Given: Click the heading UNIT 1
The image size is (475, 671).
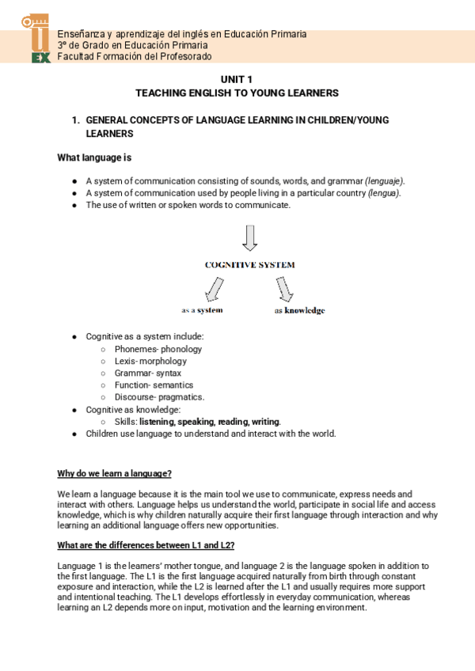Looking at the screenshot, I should click(237, 79).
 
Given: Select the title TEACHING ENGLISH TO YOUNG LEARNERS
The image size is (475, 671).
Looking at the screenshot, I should click(237, 93).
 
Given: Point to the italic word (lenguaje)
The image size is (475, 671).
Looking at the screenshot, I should click(385, 180).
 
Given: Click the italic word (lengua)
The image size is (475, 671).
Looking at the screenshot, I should click(385, 193).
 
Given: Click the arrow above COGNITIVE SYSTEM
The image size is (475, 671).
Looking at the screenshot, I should click(249, 237).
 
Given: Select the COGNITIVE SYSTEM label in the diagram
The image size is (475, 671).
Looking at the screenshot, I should click(249, 265).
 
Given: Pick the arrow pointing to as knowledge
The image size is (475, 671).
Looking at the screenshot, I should click(284, 290).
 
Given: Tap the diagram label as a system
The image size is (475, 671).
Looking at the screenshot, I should click(202, 310).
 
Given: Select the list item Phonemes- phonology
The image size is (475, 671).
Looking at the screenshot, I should click(158, 349).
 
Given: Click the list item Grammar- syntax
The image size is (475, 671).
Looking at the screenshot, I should click(147, 373).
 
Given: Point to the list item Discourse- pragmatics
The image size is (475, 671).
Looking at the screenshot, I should click(159, 396).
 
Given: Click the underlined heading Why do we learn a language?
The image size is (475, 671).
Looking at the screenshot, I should click(114, 473).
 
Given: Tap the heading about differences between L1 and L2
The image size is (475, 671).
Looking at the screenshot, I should click(146, 546).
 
